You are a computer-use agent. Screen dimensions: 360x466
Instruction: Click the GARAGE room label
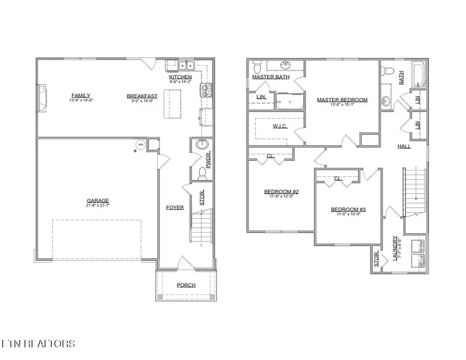coord(98,201)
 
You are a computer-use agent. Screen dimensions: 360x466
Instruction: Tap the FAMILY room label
coord(81,95)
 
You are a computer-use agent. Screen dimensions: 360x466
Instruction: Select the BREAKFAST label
coord(142,96)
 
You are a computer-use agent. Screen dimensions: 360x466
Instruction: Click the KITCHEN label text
coord(181,77)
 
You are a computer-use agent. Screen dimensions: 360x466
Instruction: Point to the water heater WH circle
coord(139,145)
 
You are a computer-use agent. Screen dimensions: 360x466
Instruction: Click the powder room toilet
coord(202,172)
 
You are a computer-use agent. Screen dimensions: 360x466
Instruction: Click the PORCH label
coord(186,285)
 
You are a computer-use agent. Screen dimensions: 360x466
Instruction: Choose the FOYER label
coord(174,208)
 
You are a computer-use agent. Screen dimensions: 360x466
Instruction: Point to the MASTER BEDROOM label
coord(342,100)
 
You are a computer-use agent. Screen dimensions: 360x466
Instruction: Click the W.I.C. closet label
coord(280,126)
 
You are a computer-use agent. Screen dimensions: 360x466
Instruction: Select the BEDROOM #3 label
coord(348,209)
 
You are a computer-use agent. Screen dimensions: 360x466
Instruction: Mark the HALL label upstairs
coord(404,147)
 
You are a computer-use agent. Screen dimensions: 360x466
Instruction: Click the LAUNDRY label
coord(395,249)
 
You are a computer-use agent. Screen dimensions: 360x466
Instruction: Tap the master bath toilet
coord(257,68)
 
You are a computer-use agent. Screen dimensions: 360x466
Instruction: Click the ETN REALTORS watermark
coord(38,343)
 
